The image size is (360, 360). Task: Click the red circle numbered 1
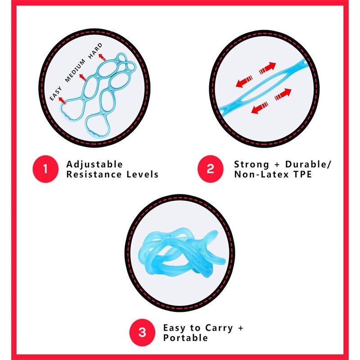[45, 169]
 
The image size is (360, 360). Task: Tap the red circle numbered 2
[210, 169]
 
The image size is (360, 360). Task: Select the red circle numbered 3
[142, 333]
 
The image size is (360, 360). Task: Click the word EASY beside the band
[56, 94]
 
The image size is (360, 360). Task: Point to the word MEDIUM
[75, 71]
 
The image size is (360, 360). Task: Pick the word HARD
[95, 51]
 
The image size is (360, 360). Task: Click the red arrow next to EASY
[63, 101]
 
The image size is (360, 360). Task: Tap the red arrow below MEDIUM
[83, 77]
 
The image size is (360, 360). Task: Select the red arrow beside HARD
[103, 57]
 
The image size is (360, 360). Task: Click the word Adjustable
[94, 164]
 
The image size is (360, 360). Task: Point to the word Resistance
[94, 175]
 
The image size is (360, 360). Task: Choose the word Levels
[142, 175]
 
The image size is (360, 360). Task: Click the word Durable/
[308, 164]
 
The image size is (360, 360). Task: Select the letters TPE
[302, 175]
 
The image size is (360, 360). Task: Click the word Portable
[185, 338]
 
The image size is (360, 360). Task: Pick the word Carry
[219, 328]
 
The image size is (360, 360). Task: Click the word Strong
[252, 165]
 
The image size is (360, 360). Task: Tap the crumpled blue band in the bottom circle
[181, 252]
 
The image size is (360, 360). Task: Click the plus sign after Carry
[241, 328]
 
